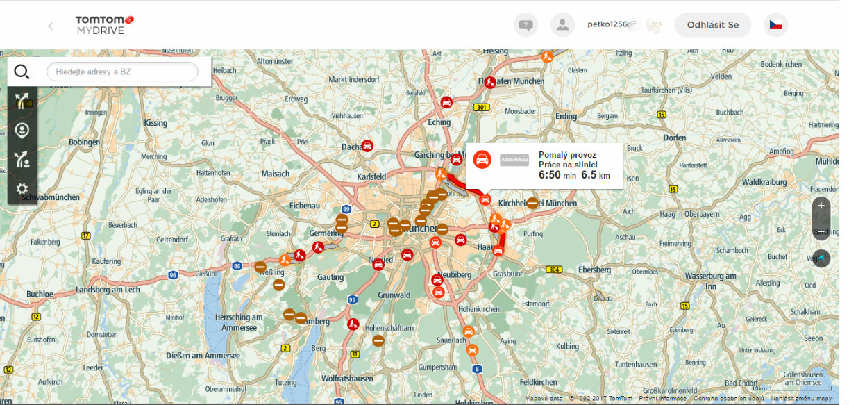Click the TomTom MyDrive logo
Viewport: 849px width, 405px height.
click(x=104, y=26)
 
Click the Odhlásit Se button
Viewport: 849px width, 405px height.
click(x=712, y=25)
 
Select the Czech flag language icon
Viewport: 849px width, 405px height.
click(x=775, y=25)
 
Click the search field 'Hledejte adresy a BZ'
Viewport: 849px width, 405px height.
click(x=122, y=72)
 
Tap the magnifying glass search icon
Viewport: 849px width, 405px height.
click(x=22, y=72)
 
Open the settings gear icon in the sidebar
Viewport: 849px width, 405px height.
click(x=22, y=188)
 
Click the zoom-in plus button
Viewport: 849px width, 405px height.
click(x=821, y=206)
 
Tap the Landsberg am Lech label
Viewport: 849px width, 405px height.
click(x=108, y=290)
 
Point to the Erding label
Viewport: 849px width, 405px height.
click(x=566, y=116)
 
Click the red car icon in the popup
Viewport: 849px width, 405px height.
click(x=482, y=159)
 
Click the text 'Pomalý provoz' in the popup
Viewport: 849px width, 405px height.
click(x=567, y=155)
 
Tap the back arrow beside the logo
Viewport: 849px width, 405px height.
click(x=50, y=26)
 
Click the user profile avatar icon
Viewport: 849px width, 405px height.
click(x=562, y=25)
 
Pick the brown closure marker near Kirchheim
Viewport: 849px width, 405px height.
click(x=532, y=203)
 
